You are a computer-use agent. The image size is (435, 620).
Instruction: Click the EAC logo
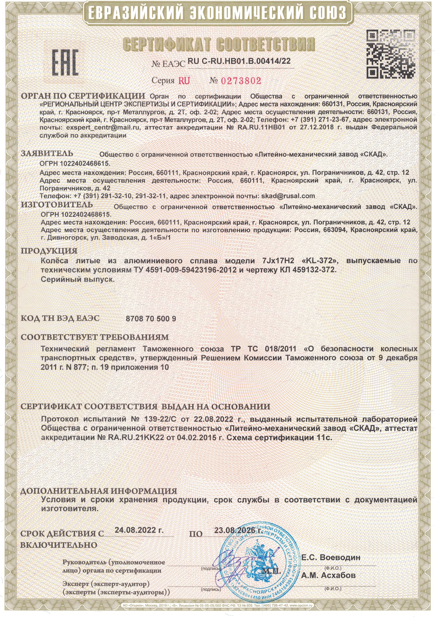65,62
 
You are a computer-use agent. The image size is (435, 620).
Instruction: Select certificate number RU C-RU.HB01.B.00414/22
239,61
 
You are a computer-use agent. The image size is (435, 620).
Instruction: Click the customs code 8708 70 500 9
151,319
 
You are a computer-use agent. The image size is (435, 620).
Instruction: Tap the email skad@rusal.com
288,196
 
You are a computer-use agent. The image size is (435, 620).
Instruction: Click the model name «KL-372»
324,261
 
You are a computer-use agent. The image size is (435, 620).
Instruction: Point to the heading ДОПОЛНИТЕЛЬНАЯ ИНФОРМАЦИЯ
99,491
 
